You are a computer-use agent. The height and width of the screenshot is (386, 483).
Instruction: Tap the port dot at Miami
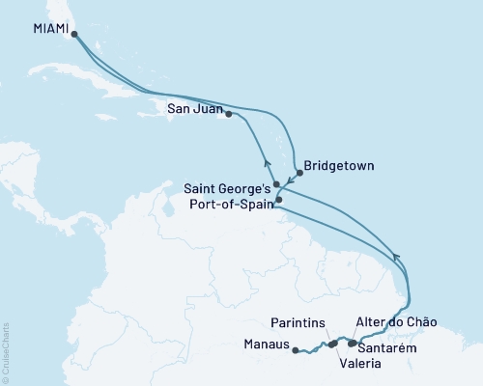(x=74, y=34)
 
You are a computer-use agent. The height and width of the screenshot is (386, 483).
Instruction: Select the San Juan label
(x=194, y=108)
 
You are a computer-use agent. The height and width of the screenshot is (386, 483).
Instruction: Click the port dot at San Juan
(x=228, y=114)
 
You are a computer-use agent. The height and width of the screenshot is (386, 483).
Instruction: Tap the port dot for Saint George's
(x=276, y=183)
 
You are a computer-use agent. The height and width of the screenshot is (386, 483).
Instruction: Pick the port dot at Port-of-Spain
(x=278, y=201)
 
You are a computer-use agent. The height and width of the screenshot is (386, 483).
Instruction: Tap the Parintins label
(x=297, y=324)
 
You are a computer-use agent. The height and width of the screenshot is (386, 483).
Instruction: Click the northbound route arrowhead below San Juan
(x=265, y=162)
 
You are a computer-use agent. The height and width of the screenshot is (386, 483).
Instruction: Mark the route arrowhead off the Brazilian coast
(x=394, y=256)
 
